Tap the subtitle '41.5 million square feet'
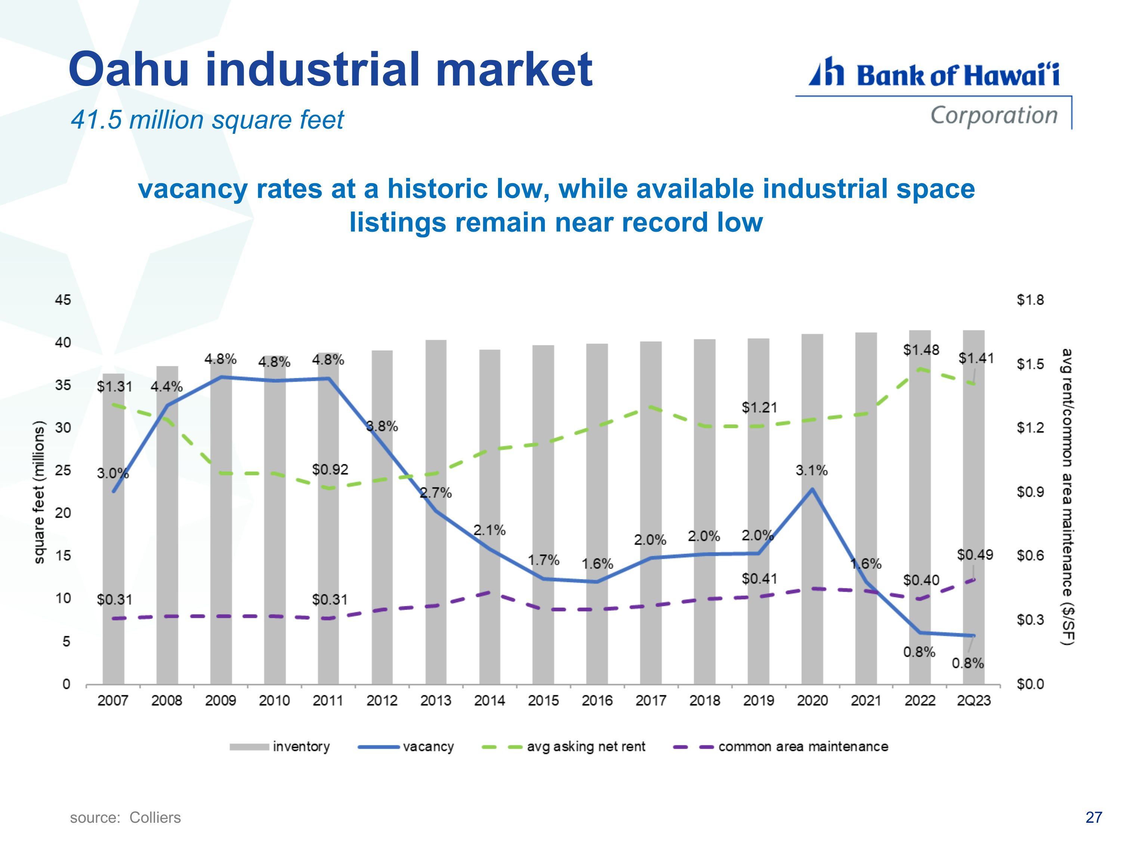click(207, 120)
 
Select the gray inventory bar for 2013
click(436, 512)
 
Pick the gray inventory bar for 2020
click(812, 509)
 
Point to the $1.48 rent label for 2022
click(921, 350)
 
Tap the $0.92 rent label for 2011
click(330, 469)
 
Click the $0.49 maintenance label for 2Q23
click(975, 555)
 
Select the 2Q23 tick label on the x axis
click(973, 700)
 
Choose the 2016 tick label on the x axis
click(597, 700)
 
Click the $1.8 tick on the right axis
click(1030, 300)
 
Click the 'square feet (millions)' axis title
click(38, 492)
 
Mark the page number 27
click(1094, 817)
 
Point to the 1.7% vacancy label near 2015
click(543, 560)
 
